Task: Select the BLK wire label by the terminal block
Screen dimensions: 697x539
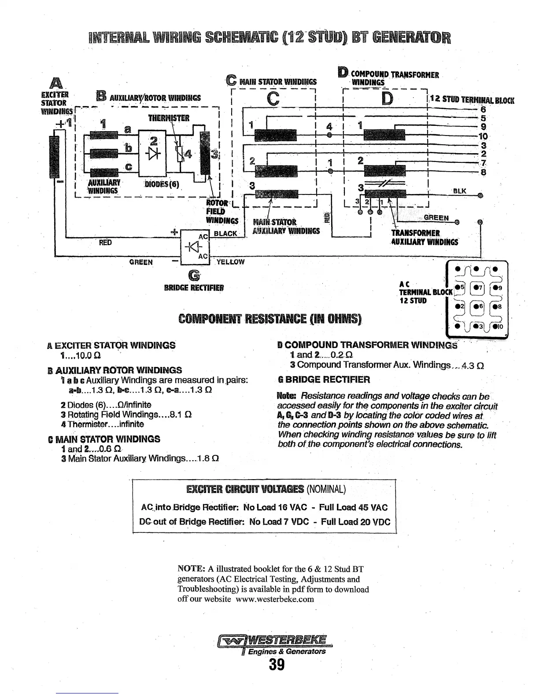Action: (459, 191)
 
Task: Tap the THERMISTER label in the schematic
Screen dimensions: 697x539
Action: (169, 118)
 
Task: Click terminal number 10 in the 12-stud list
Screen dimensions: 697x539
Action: (483, 136)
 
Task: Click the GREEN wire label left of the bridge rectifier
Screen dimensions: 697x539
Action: (141, 262)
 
